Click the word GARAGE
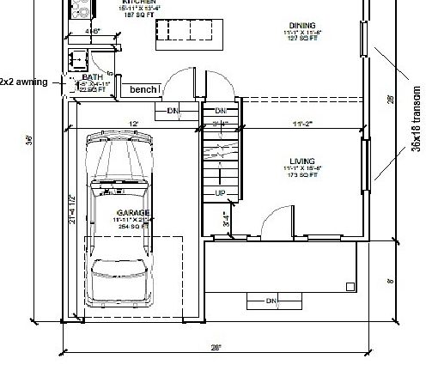point(134,211)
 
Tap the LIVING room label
point(302,161)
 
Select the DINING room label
point(303,26)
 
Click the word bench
point(142,89)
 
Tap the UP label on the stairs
point(220,192)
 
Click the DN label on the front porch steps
point(271,301)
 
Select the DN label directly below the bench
point(172,111)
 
